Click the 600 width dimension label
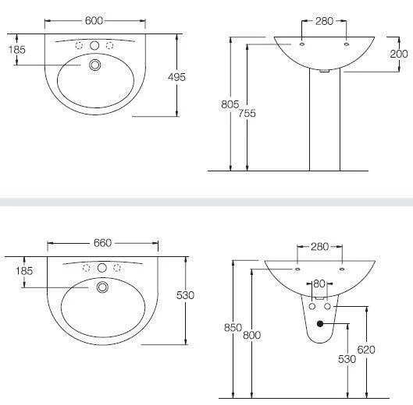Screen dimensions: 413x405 click(94, 21)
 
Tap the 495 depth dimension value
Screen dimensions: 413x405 click(176, 77)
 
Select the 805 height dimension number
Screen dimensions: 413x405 click(230, 104)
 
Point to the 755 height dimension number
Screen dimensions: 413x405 click(247, 113)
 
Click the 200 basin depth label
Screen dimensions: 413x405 click(399, 54)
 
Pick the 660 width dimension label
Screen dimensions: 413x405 click(102, 243)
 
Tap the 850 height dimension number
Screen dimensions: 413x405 click(233, 328)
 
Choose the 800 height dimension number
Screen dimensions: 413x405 click(252, 335)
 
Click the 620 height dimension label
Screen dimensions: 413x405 click(366, 350)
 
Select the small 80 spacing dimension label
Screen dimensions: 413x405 click(319, 283)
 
